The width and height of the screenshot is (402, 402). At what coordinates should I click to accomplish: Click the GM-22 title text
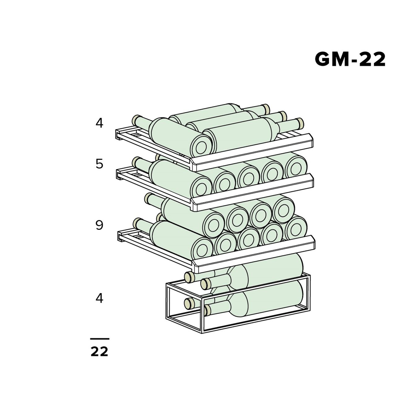[350, 59]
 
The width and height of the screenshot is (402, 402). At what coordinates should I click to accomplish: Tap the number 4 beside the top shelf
[99, 123]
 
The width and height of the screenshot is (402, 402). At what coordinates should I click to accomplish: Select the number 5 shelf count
[99, 164]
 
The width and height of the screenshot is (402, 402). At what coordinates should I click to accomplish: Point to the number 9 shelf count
[99, 225]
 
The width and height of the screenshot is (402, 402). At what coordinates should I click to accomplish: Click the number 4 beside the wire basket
[99, 298]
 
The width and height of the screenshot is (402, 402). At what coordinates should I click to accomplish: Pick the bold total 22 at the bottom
[99, 351]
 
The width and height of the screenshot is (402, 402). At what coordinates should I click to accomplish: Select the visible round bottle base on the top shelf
[202, 145]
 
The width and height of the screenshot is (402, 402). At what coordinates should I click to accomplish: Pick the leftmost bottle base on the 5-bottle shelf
[202, 187]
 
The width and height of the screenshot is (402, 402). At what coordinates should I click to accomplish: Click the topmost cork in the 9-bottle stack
[148, 198]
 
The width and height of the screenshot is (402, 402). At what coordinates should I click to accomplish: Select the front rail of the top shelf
[252, 152]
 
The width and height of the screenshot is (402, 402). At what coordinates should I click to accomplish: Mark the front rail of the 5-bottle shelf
[252, 192]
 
